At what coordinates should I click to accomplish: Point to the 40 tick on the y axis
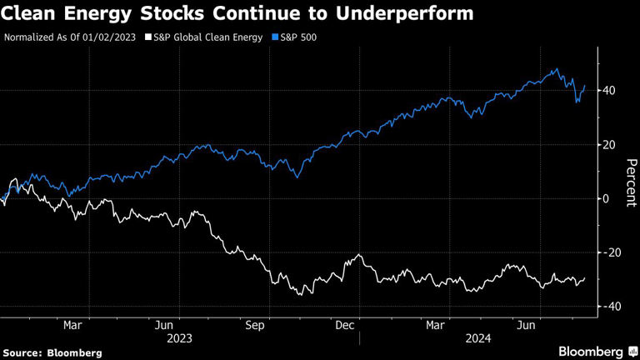[610, 90]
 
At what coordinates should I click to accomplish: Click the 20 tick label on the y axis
[610, 144]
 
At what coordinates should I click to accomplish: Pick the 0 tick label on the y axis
[607, 198]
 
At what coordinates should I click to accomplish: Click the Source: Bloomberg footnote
[52, 352]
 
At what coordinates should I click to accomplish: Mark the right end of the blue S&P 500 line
[585, 85]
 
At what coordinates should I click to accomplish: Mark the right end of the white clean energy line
[585, 278]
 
